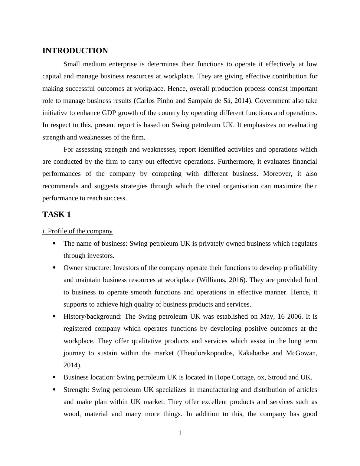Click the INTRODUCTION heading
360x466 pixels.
click(x=75, y=51)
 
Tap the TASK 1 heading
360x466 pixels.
click(x=57, y=215)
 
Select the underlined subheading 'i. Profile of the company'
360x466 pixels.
click(x=77, y=231)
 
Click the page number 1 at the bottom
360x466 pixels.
click(x=180, y=433)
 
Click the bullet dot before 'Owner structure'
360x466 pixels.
click(x=54, y=267)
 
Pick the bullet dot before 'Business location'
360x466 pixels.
click(x=54, y=377)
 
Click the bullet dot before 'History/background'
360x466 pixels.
click(x=54, y=316)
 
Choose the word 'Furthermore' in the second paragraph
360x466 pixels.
click(x=236, y=162)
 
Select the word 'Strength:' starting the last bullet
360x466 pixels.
click(x=76, y=390)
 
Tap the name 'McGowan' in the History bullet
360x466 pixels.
click(x=301, y=353)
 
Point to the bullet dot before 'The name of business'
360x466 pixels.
click(x=54, y=243)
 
